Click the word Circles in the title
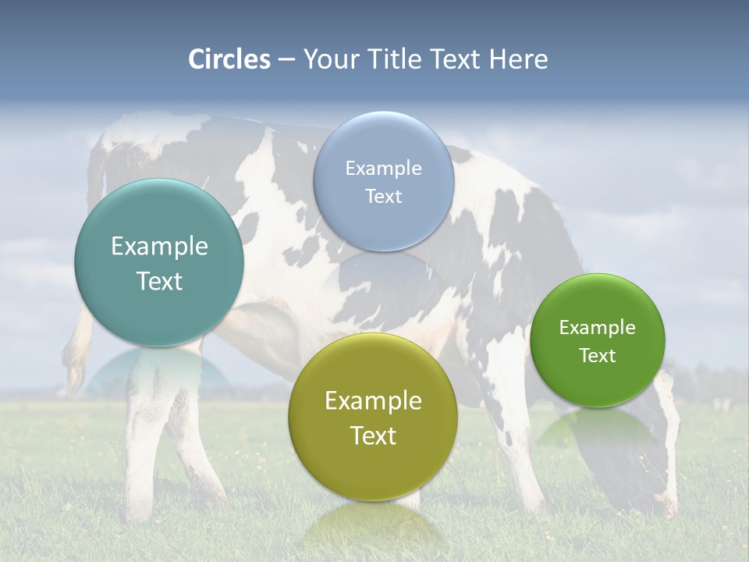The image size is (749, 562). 229,59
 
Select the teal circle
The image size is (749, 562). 159,262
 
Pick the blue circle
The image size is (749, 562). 383,181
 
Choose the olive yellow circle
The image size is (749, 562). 373,417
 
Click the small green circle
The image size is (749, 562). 598,340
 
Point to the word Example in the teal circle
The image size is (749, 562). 159,247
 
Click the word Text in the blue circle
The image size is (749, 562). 383,197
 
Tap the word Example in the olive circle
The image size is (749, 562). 373,401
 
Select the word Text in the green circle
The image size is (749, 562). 598,356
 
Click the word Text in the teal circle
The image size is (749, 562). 159,281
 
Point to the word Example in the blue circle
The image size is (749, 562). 383,169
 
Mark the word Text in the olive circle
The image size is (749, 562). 373,436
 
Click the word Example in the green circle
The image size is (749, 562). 598,328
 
